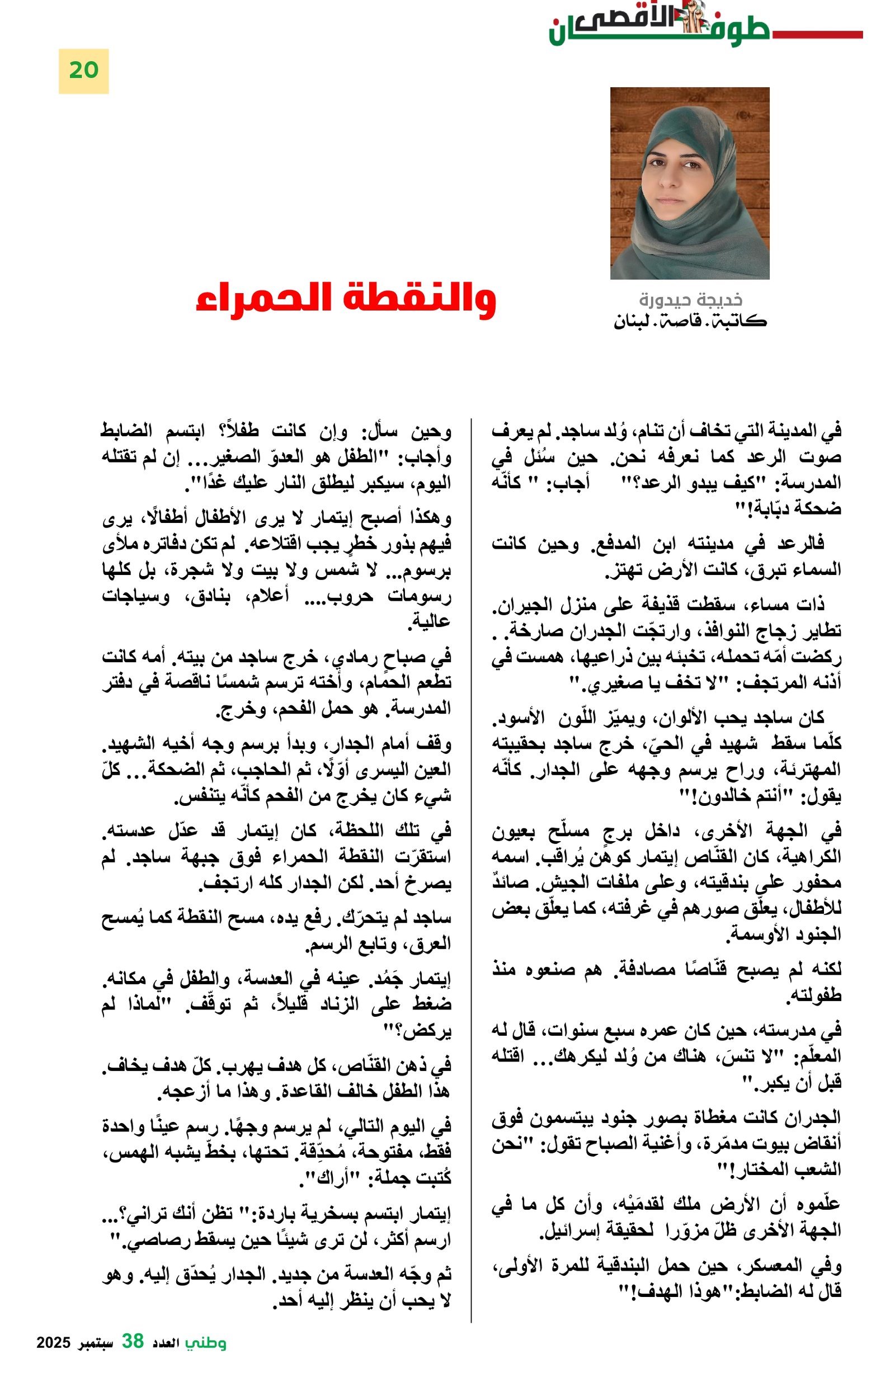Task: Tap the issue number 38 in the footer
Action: [x=133, y=1341]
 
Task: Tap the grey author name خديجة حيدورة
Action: [x=690, y=300]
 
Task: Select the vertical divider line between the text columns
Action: [x=471, y=871]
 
